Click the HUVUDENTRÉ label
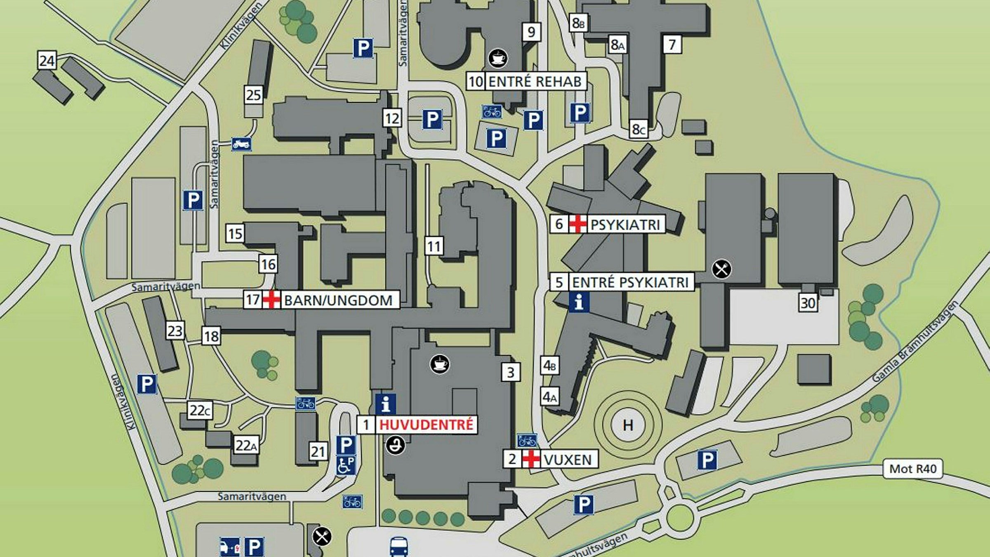coord(426,425)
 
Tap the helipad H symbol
coord(628,425)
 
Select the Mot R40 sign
coord(912,469)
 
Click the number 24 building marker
coord(47,61)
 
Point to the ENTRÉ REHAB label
coord(535,81)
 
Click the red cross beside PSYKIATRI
coord(577,224)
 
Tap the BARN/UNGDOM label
coord(338,300)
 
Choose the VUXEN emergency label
coord(568,459)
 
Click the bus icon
coord(399,546)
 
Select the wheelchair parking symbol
coord(346,465)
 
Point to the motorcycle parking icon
coord(241,144)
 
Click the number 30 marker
coord(808,303)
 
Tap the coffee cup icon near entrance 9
coord(498,58)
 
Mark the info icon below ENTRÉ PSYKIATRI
coord(579,302)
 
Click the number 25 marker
coord(253,95)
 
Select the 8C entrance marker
coord(638,130)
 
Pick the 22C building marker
coord(200,411)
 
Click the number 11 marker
coord(434,246)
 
